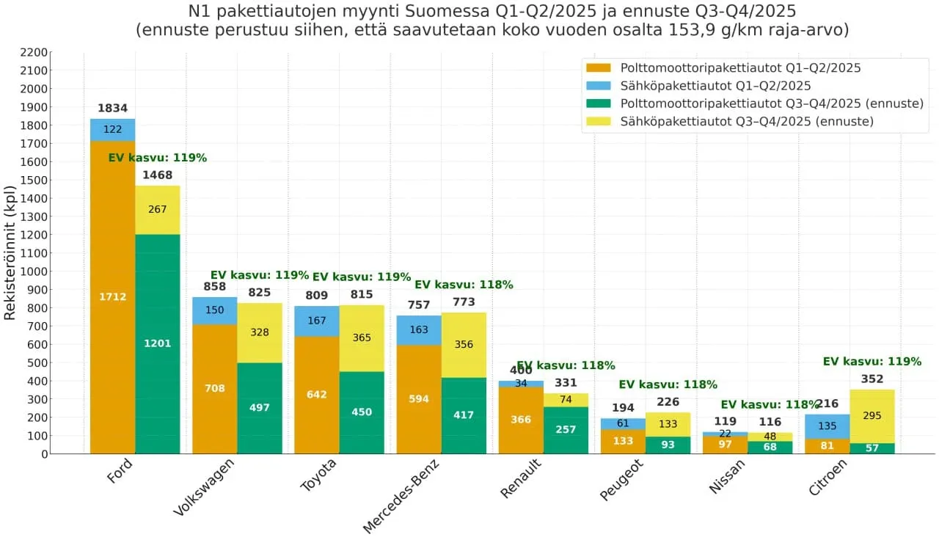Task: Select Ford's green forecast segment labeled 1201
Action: (157, 343)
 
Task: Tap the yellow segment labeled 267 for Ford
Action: (157, 209)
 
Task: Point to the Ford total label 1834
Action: (112, 109)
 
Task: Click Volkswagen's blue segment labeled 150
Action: (215, 310)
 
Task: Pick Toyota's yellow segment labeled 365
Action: (362, 338)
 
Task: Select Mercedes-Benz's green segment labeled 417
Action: (464, 415)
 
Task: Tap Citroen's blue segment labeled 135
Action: (827, 426)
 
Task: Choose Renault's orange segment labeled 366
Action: (521, 420)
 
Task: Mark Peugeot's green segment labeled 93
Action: (668, 445)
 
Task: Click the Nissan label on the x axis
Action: (727, 478)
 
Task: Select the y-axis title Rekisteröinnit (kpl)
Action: (10, 252)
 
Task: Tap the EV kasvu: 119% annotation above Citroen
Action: (872, 362)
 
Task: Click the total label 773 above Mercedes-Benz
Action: (464, 302)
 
